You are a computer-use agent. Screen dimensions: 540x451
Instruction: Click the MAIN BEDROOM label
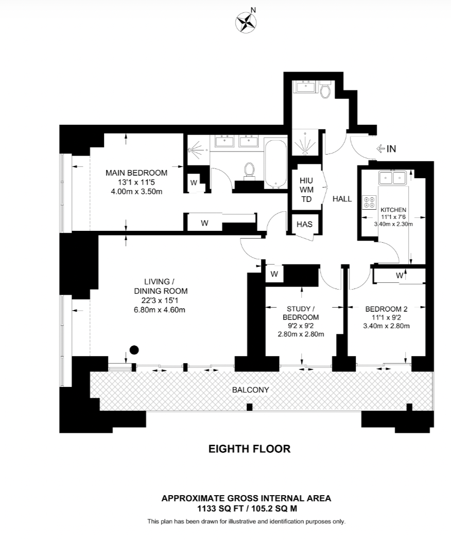(136, 173)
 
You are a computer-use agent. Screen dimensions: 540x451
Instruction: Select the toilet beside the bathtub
(250, 170)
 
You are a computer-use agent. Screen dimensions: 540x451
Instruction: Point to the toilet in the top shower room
(325, 91)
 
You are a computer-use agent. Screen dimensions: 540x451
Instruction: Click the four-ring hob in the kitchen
(369, 201)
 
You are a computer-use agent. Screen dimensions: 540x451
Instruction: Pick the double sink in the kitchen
(393, 178)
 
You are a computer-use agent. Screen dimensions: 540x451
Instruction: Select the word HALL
(342, 199)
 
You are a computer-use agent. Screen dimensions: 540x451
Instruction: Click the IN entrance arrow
(386, 149)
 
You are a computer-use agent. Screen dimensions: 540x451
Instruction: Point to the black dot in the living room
(134, 350)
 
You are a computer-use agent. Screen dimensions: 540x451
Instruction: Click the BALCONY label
(250, 390)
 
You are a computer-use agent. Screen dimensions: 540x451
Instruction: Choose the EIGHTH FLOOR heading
(249, 449)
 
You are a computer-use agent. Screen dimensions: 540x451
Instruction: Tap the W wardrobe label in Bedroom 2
(400, 276)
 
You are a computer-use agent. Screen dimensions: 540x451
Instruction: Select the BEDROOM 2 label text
(386, 309)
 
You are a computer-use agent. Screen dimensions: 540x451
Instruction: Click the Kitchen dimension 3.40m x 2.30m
(393, 224)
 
